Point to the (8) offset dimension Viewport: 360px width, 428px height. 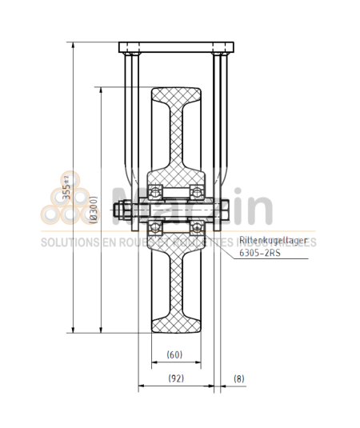pyautogui.click(x=239, y=378)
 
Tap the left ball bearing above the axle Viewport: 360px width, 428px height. pyautogui.click(x=158, y=191)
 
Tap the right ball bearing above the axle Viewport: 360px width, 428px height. pyautogui.click(x=195, y=191)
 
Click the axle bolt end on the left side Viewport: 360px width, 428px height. pyautogui.click(x=122, y=212)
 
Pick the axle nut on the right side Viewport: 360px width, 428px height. pyautogui.click(x=223, y=212)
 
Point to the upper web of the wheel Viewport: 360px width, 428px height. pyautogui.click(x=177, y=144)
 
